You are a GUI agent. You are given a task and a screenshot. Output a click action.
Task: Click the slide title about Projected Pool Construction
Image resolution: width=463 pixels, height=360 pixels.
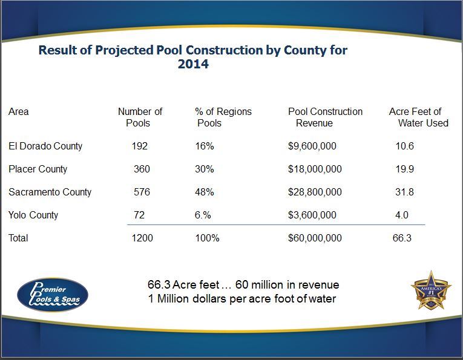[x=192, y=56]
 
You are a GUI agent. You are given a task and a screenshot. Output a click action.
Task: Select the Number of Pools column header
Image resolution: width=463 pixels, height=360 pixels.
[x=140, y=117]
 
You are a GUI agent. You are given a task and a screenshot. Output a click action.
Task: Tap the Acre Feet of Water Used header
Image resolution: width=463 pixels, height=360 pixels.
[x=418, y=117]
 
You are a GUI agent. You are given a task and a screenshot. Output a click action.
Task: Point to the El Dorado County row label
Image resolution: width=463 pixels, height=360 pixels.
[x=45, y=146]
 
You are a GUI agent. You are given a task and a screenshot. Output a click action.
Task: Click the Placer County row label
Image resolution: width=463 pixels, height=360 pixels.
[x=38, y=169]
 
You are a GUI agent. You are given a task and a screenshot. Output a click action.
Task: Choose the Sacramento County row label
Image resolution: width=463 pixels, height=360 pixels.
[x=50, y=192]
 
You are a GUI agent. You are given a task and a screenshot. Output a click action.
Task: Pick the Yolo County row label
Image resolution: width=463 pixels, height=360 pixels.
[x=33, y=215]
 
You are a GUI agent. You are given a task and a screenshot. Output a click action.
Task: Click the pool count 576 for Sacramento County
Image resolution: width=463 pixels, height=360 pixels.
[x=142, y=192]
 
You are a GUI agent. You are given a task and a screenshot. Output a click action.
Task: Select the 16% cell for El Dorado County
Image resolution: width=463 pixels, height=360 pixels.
[x=204, y=146]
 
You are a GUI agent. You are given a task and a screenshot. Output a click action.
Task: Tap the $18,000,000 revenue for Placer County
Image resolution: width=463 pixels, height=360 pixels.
[x=315, y=169]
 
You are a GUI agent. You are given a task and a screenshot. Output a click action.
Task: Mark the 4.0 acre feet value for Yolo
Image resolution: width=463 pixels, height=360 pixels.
[x=402, y=215]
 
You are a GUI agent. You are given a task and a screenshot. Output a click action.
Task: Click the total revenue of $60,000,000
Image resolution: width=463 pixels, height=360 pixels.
[x=315, y=238]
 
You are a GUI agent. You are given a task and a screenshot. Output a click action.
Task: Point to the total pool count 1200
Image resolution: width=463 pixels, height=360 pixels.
[x=142, y=238]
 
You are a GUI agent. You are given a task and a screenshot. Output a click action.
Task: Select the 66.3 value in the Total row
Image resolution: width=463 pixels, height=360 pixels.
[x=402, y=238]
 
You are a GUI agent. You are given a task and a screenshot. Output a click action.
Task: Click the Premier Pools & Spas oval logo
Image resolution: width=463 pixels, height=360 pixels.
[x=53, y=294]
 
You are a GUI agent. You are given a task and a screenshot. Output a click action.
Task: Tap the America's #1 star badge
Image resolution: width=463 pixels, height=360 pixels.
[x=432, y=290]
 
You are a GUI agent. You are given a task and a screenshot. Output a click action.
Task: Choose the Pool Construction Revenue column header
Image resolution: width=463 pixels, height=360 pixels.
[x=325, y=117]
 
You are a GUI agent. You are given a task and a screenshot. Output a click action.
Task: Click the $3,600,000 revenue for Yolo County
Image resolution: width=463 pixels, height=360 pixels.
[x=312, y=215]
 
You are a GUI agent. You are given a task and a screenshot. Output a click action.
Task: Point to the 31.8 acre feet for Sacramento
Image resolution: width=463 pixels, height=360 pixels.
[x=405, y=192]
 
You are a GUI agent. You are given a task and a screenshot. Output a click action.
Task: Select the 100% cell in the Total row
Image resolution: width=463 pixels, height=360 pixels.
[x=207, y=238]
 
